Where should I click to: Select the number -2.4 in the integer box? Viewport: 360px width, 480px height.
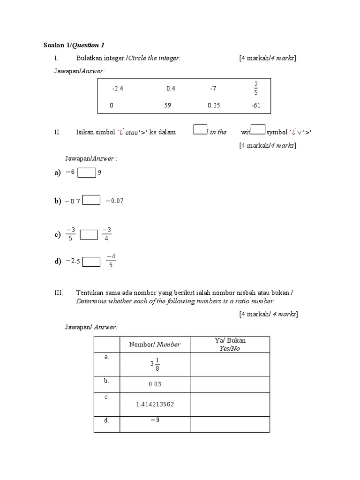coord(117,88)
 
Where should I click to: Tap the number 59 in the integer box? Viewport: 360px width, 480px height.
coord(167,105)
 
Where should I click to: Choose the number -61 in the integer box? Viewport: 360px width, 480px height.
coord(255,105)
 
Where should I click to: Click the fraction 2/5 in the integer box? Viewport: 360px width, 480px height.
coord(256,88)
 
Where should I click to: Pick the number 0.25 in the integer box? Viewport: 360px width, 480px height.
coord(214,105)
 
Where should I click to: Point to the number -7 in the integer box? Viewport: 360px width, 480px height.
coord(214,88)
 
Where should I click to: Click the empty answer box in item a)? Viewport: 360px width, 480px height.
coord(87,173)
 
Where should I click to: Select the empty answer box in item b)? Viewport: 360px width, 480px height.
coord(91,201)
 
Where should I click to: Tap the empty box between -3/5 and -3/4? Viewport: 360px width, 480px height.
coord(89,234)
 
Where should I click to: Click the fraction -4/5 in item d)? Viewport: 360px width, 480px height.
coord(111,261)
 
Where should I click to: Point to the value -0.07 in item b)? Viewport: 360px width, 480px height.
coord(114,201)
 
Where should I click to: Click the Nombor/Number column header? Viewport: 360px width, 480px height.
coord(155,345)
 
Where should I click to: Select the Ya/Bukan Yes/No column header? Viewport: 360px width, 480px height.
coord(230,345)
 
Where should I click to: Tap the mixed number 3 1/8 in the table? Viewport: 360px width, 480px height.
coord(155,364)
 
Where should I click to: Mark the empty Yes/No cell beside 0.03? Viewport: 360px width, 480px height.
coord(230,384)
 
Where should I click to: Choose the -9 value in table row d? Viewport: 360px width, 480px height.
coord(155,420)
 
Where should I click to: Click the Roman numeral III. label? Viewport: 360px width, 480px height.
coord(59,292)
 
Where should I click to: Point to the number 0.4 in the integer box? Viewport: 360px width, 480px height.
coord(171,88)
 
